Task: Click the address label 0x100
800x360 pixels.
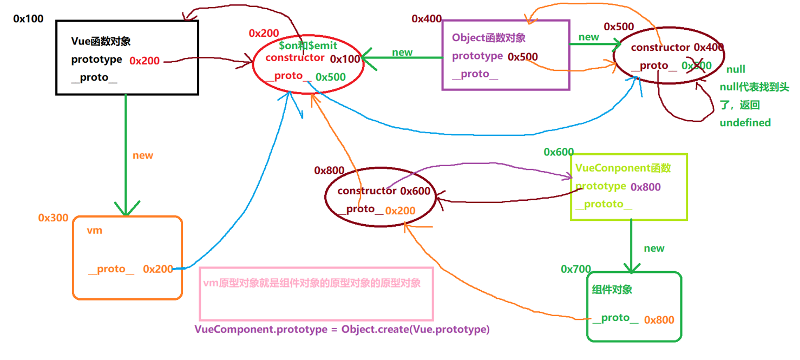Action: (x=28, y=19)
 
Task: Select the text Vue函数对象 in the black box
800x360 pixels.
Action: (x=101, y=41)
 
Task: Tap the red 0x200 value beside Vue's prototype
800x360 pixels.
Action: (x=145, y=61)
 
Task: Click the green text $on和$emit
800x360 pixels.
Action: (x=308, y=47)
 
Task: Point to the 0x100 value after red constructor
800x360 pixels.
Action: (x=345, y=59)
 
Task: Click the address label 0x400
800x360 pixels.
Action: (x=427, y=19)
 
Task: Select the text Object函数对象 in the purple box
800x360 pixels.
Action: (x=489, y=38)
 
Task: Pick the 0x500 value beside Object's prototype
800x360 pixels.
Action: (x=523, y=57)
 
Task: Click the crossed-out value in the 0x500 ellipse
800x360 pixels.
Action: (x=697, y=66)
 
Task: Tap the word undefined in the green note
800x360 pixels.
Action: (x=745, y=123)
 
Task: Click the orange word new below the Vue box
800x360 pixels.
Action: (x=143, y=155)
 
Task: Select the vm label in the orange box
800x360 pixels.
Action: (x=94, y=231)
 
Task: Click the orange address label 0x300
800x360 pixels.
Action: (x=54, y=218)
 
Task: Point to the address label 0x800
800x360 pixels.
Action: (x=329, y=171)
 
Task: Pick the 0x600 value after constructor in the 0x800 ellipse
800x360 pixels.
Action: (x=415, y=191)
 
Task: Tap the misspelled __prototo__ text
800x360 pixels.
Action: (x=604, y=205)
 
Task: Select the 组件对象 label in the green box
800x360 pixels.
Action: (x=612, y=290)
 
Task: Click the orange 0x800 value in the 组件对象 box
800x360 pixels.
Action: (x=659, y=320)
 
